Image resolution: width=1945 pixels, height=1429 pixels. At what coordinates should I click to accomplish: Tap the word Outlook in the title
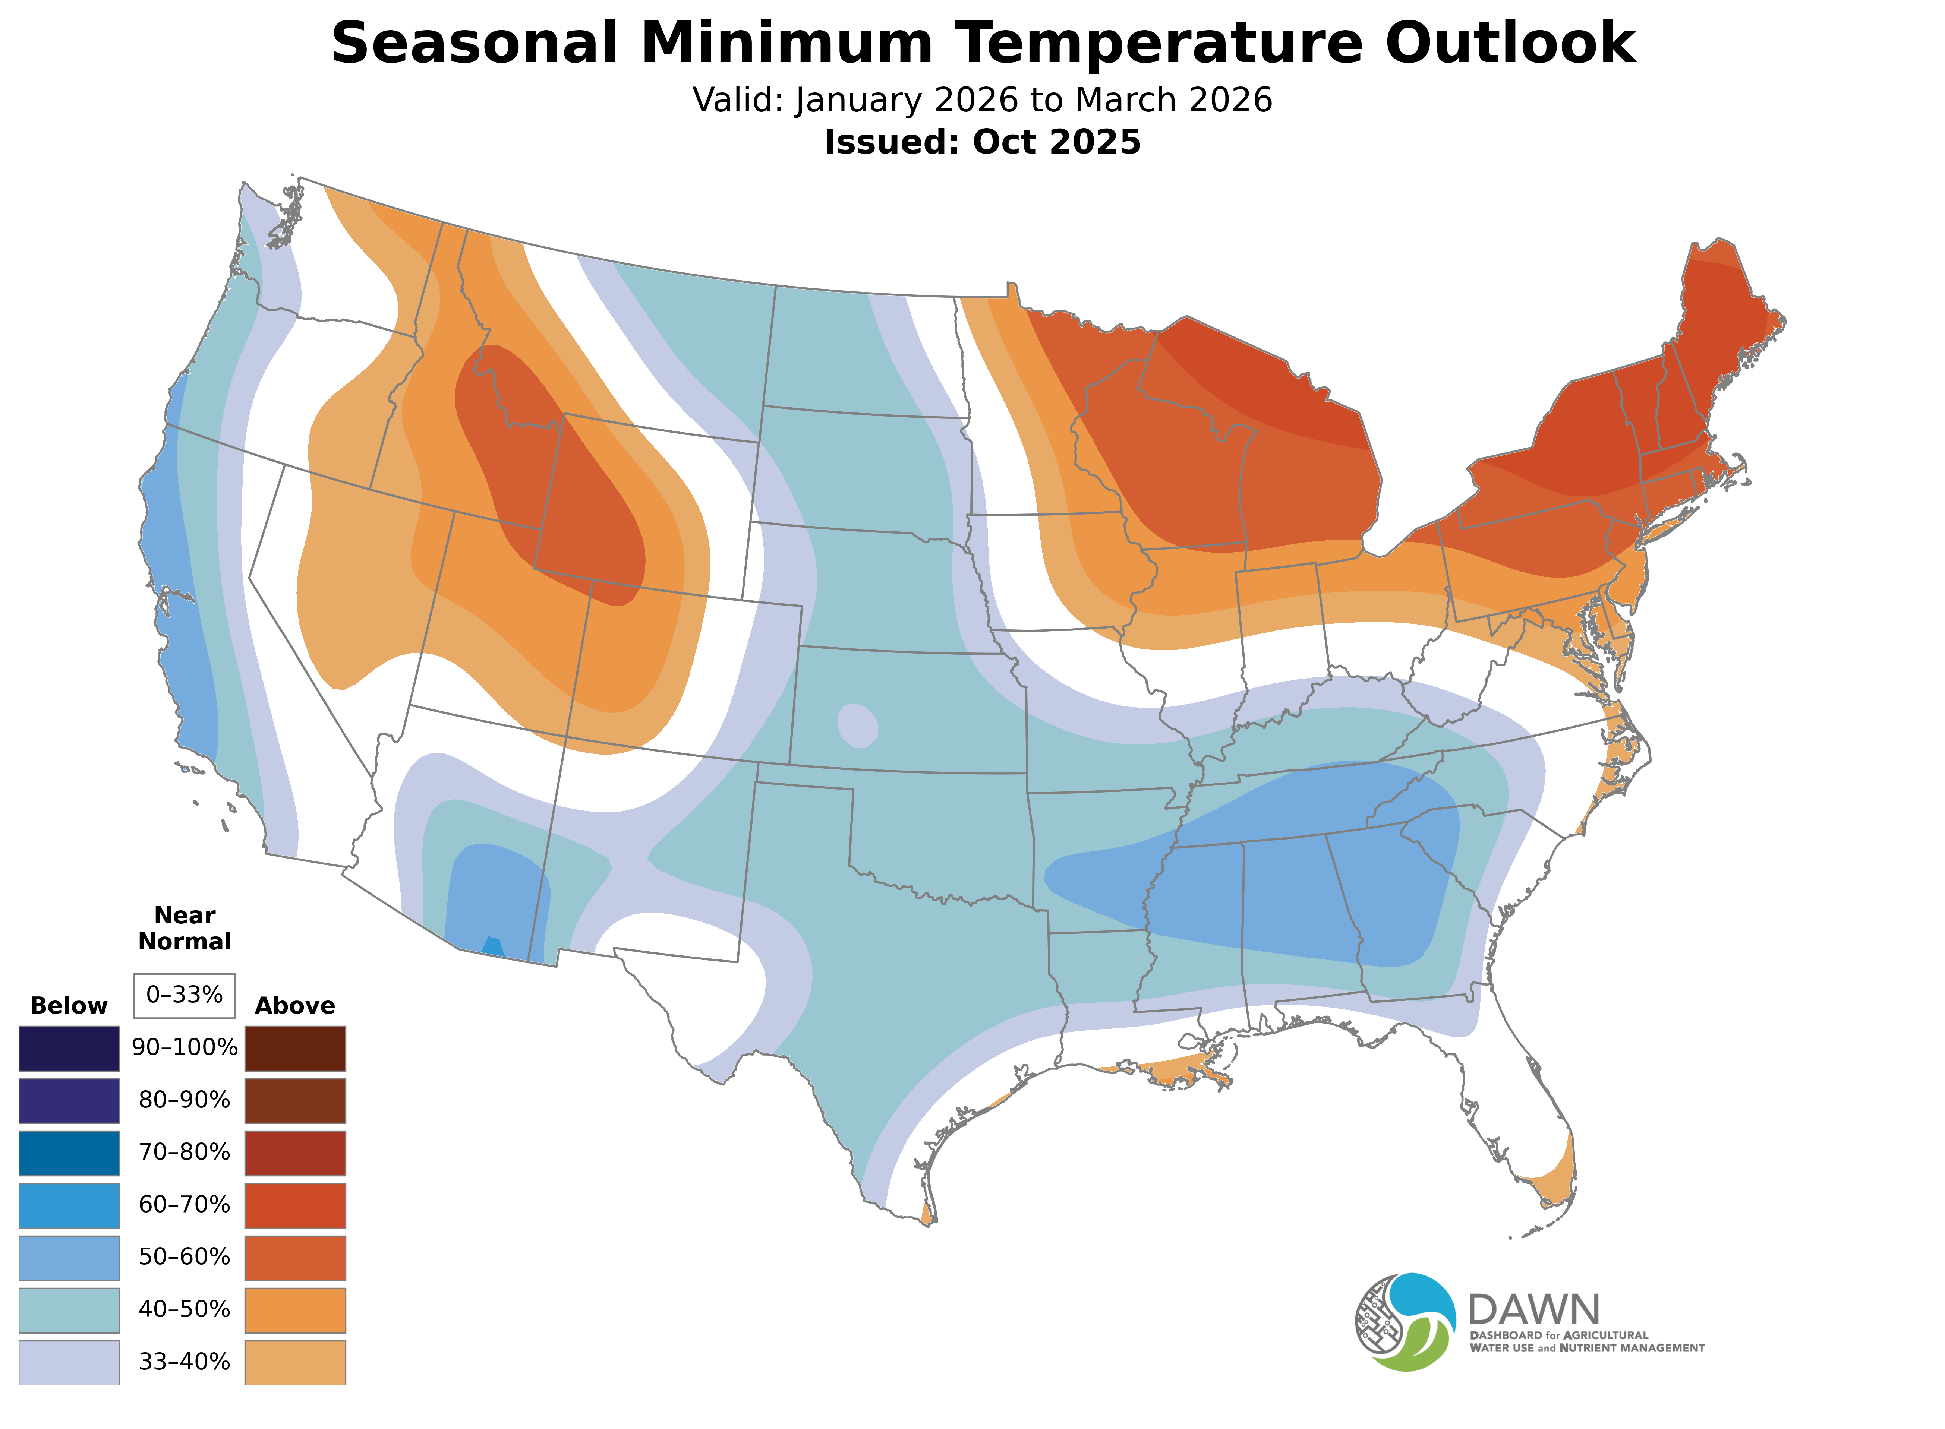point(1510,43)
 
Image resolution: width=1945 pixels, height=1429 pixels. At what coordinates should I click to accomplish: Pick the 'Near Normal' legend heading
point(184,928)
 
